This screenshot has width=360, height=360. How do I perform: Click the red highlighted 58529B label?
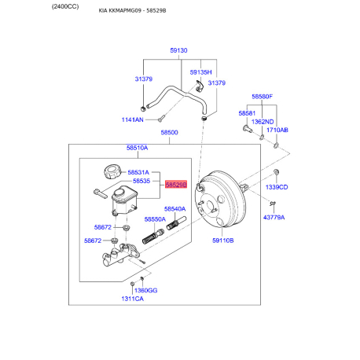[x=176, y=185]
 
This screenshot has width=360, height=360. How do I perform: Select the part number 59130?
[x=178, y=50]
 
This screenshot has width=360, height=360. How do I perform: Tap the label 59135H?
[x=200, y=72]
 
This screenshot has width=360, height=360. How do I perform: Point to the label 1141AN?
[x=133, y=119]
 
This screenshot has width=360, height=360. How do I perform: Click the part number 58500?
[x=169, y=132]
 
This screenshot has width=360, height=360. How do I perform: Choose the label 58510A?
[x=137, y=148]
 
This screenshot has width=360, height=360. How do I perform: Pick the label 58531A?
[x=138, y=172]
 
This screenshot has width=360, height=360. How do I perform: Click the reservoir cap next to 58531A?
[x=112, y=171]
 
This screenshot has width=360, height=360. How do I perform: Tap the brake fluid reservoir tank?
[x=124, y=200]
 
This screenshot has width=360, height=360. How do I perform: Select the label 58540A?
[x=174, y=209]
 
